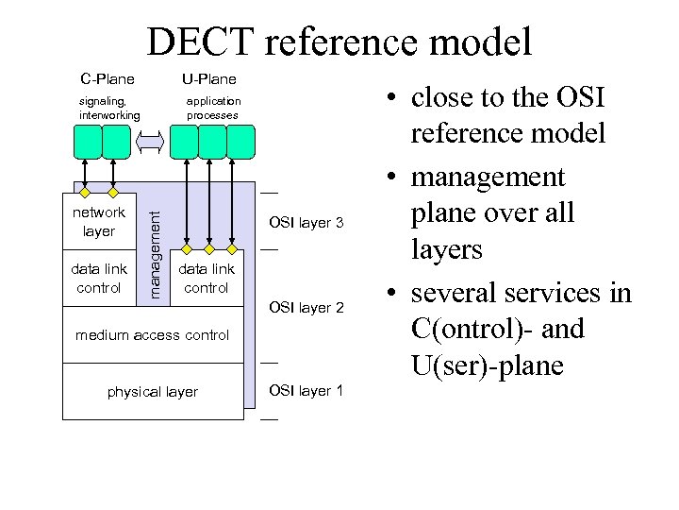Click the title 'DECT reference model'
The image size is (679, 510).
[339, 42]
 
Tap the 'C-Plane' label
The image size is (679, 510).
[107, 78]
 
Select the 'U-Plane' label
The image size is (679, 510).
[209, 78]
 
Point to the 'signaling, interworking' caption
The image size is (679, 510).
[108, 108]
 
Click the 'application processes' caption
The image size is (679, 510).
[213, 108]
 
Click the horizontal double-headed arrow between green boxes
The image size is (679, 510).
[151, 142]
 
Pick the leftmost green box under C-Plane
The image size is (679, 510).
[87, 142]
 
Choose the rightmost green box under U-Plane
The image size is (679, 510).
[241, 142]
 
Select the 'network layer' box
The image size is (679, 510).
[99, 222]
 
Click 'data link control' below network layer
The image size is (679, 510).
[99, 279]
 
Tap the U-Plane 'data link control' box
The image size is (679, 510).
[207, 279]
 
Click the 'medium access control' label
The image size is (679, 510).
[152, 335]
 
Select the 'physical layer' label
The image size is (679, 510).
[152, 392]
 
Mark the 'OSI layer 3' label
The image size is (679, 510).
[306, 223]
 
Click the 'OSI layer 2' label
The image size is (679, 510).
[306, 308]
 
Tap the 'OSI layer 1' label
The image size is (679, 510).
[306, 391]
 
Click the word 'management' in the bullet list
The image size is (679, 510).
[488, 178]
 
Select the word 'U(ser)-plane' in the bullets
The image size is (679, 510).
[489, 365]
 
